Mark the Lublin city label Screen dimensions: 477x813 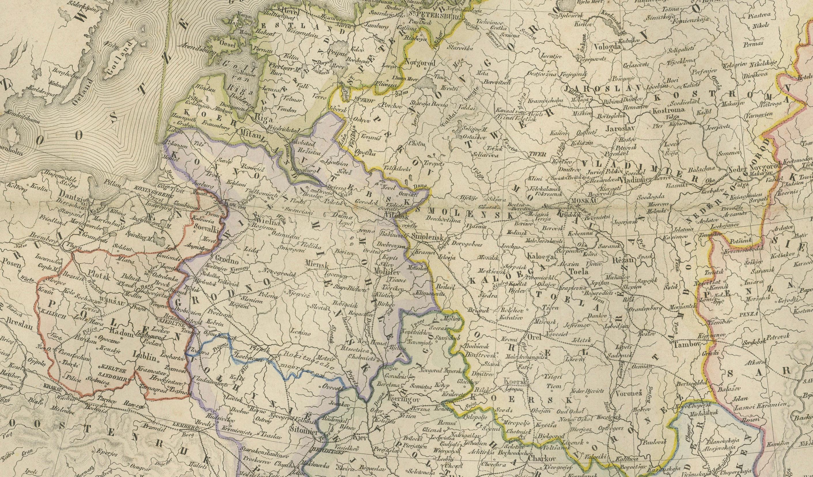[x=144, y=356]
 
